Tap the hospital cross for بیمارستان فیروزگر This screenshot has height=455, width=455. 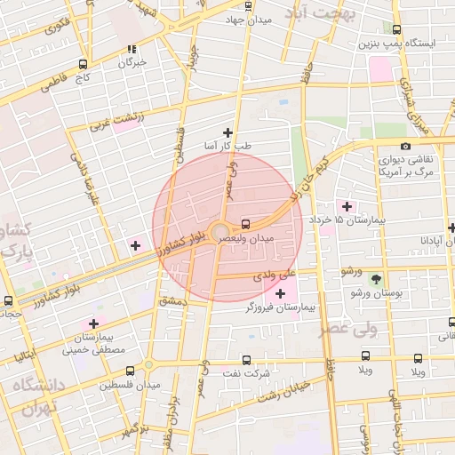click(281, 294)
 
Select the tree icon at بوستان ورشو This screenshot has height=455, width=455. click(374, 279)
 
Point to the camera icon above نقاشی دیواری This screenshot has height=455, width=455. click(406, 146)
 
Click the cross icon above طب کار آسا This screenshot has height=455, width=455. click(228, 132)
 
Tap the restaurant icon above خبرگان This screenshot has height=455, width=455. click(132, 50)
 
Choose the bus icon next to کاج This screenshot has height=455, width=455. click(83, 64)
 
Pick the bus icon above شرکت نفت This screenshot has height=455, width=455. click(247, 360)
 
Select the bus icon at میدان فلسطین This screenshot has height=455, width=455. click(131, 371)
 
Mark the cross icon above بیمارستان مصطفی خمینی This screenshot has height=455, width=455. click(93, 324)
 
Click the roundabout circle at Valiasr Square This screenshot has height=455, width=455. click(219, 232)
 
